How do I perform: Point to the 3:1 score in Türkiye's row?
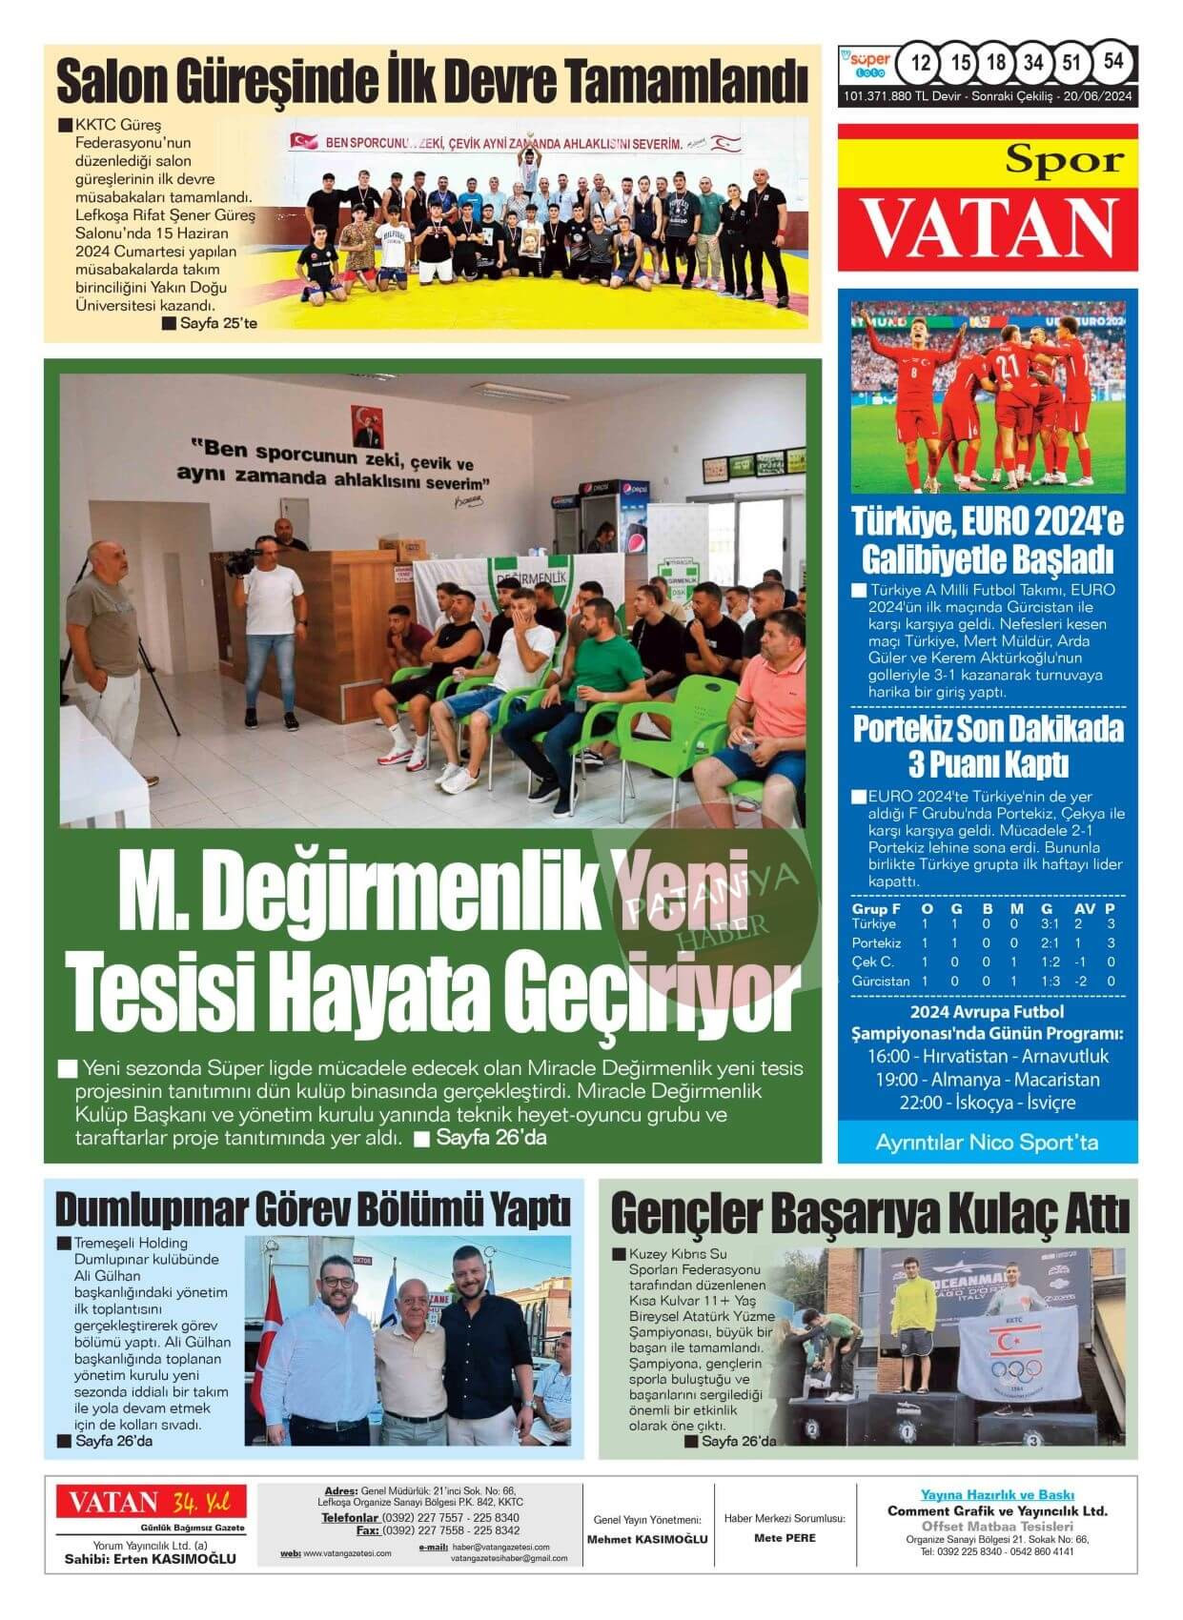tap(1050, 924)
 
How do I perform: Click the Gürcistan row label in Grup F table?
tap(880, 981)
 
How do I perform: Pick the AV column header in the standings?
tap(1084, 909)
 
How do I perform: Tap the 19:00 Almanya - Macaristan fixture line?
tap(988, 1080)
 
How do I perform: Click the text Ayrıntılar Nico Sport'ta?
tap(987, 1142)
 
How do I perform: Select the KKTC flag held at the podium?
tap(1017, 1353)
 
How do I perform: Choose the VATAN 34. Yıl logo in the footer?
tap(151, 1504)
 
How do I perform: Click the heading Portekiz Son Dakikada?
tap(988, 730)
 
